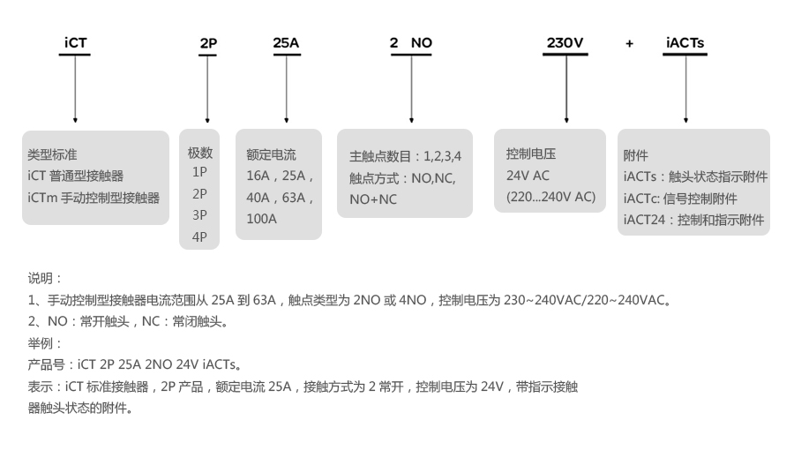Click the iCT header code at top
coord(76,41)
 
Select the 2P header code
coord(208,42)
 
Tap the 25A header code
coord(286,41)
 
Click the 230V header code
coord(565,41)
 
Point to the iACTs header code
coord(685,41)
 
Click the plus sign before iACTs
coord(629,42)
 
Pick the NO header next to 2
coord(422,41)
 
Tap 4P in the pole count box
coord(199,236)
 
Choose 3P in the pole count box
coord(199,215)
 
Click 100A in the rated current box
coord(261,218)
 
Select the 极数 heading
coord(199,153)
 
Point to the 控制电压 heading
coord(530,154)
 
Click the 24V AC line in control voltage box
coord(528,175)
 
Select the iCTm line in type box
coord(94,198)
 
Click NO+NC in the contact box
coord(373,199)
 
